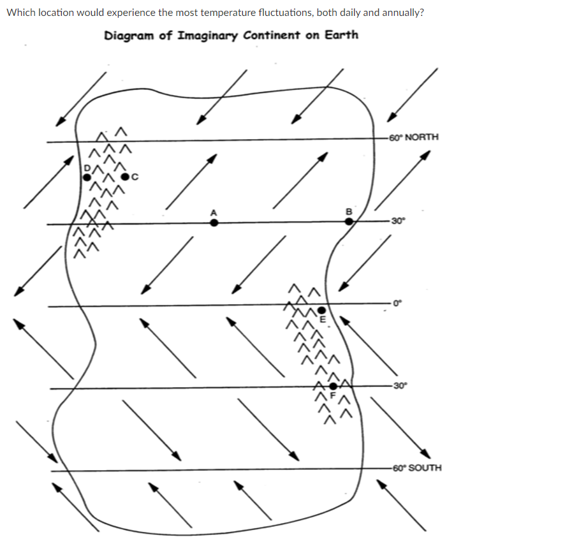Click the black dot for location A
tap(214, 223)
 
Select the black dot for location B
tap(349, 221)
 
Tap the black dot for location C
tap(126, 176)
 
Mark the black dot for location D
tap(86, 175)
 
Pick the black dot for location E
tap(322, 310)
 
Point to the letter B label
tap(348, 210)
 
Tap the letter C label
tap(135, 176)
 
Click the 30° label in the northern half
tap(398, 221)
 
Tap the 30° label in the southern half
tap(399, 385)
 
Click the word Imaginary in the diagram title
tap(206, 35)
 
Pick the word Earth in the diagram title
tap(341, 34)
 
